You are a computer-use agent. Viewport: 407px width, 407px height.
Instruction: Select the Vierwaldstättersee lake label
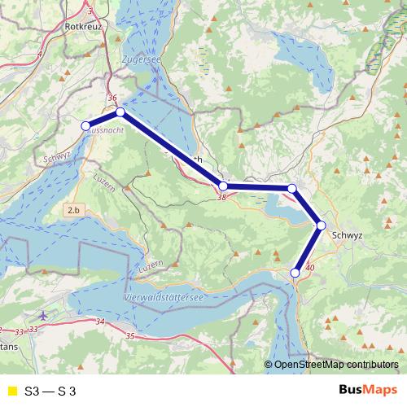point(164,299)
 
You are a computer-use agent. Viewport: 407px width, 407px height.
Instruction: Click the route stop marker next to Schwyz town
point(322,225)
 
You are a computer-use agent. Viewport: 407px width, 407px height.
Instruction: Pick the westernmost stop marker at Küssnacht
point(85,125)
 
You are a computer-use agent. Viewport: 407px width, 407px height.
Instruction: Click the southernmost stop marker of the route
point(295,274)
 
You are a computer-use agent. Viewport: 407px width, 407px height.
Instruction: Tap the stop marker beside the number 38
point(224,186)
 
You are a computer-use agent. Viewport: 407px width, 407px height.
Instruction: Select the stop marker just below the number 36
point(120,112)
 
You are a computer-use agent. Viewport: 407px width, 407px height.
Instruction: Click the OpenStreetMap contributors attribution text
point(335,365)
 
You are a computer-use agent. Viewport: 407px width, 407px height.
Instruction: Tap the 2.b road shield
point(73,210)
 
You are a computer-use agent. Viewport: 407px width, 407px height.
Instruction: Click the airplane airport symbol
point(42,315)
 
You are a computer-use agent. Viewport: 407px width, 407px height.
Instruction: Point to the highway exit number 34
point(100,322)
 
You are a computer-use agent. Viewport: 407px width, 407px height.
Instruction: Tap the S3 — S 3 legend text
point(50,392)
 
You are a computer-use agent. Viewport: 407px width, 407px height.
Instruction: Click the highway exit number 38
point(221,197)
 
